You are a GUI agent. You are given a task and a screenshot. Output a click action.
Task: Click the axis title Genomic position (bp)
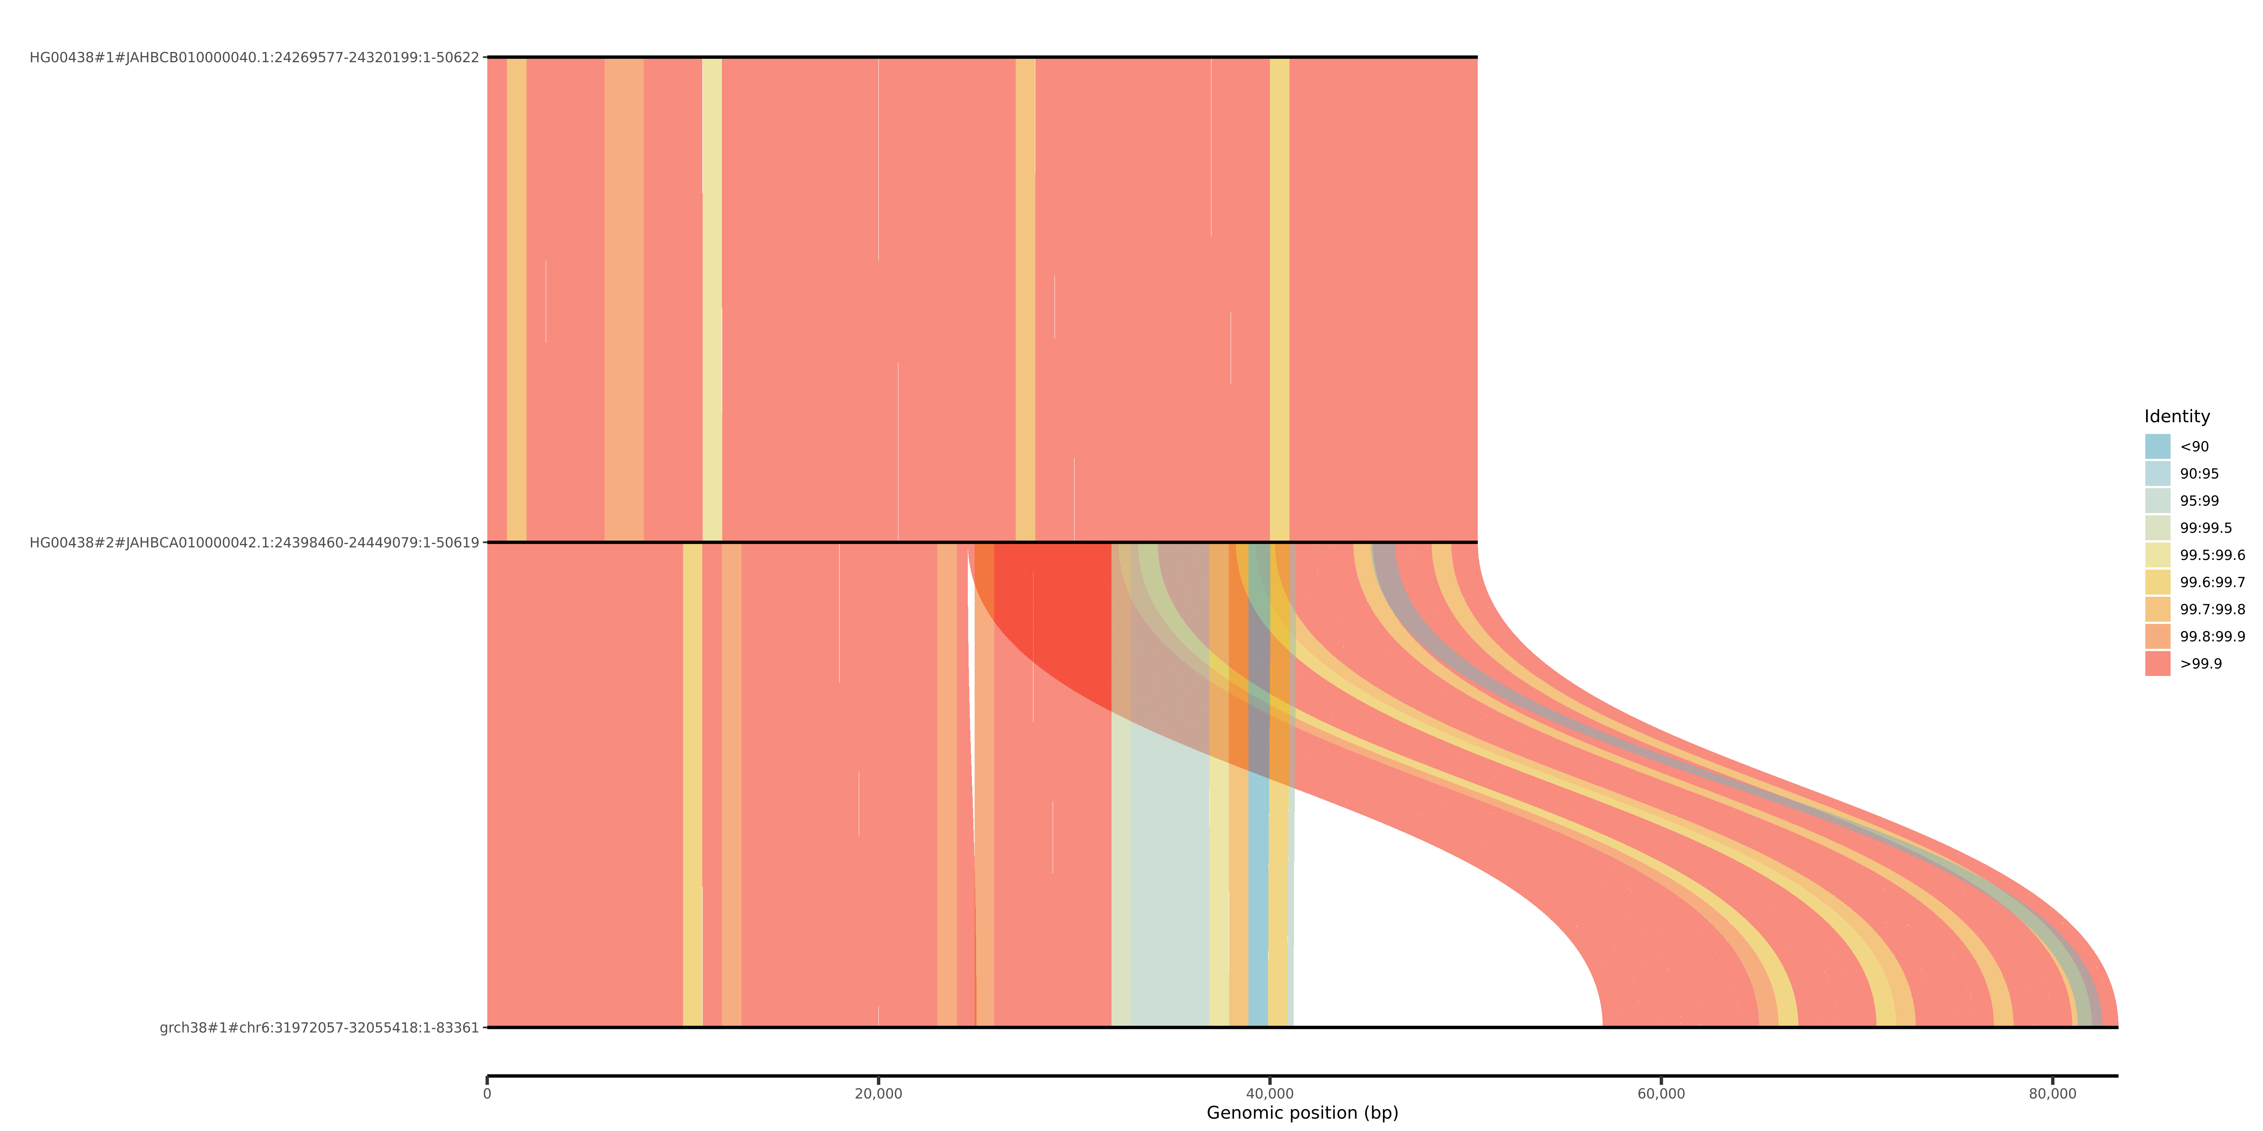(1302, 1113)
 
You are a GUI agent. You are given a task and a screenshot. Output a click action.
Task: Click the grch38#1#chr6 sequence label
(319, 1027)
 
